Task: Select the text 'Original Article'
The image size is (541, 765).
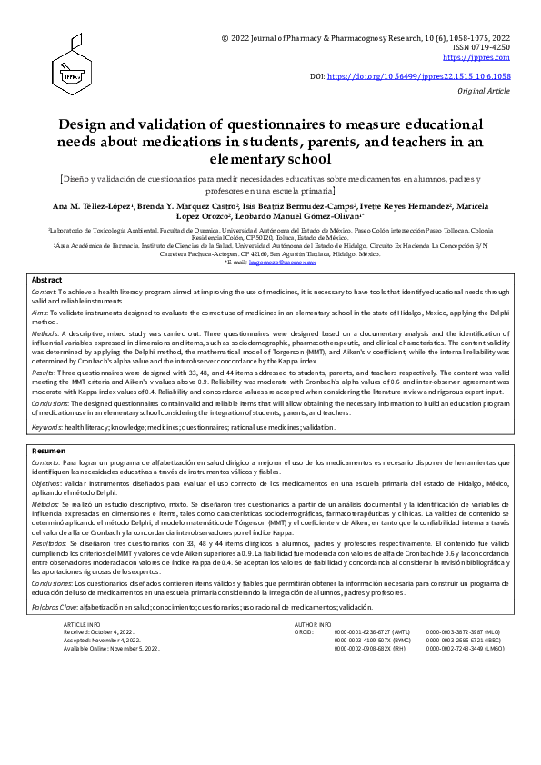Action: pyautogui.click(x=485, y=93)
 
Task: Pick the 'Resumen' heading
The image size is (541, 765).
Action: pyautogui.click(x=48, y=451)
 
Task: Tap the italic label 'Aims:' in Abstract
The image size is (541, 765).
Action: pyautogui.click(x=42, y=312)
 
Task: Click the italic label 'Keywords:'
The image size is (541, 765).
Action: pyautogui.click(x=47, y=427)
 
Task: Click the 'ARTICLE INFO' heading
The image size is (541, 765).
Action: pyautogui.click(x=83, y=626)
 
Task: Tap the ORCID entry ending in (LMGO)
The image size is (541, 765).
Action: pyautogui.click(x=462, y=650)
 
